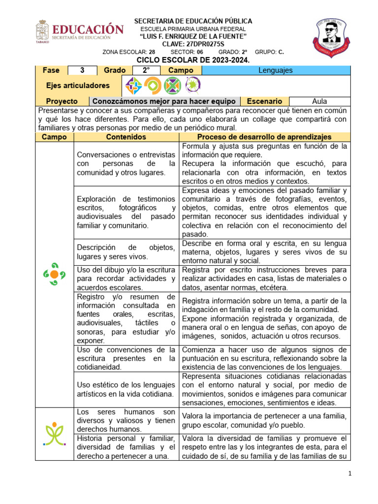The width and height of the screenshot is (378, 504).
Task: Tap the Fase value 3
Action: (82, 70)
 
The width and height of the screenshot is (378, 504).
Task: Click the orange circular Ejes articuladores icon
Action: (153, 86)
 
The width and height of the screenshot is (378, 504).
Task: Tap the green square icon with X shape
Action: (172, 86)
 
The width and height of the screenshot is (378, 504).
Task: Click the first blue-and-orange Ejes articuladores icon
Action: (133, 86)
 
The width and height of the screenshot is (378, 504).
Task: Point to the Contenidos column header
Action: (126, 137)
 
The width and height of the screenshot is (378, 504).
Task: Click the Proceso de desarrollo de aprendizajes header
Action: (264, 137)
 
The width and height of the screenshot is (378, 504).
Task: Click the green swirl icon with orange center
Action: (54, 274)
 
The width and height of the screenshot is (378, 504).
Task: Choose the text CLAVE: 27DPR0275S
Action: (193, 44)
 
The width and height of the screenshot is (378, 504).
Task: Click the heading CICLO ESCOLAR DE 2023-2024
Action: (193, 60)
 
